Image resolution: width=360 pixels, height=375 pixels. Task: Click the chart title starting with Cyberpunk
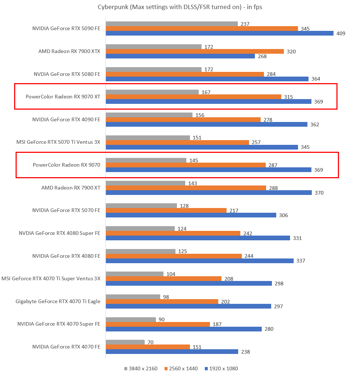(180, 7)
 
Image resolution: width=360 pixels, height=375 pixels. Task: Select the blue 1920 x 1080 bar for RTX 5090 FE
(219, 33)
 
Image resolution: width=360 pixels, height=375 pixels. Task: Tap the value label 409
(341, 33)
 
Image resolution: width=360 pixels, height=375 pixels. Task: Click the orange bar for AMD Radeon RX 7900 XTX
(195, 51)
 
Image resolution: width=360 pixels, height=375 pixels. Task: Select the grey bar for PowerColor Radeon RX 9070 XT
(152, 92)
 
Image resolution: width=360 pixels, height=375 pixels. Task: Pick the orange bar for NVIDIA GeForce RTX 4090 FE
(183, 119)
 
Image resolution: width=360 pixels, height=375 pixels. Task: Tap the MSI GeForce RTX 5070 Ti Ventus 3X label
(58, 142)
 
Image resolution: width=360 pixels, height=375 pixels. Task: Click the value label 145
(193, 160)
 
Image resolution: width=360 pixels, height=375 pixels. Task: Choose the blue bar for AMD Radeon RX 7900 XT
(208, 192)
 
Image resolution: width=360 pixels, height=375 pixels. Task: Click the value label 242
(248, 233)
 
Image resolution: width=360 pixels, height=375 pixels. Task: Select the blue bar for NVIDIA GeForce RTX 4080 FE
(199, 261)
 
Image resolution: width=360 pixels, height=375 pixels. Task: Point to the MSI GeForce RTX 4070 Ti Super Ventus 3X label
(51, 278)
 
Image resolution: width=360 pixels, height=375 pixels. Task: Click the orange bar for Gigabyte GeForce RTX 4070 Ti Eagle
(162, 301)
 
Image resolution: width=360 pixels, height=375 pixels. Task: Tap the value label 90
(161, 320)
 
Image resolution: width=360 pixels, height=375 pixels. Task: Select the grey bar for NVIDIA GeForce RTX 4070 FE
(125, 342)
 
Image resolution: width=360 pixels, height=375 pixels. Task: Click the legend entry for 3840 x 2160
(141, 368)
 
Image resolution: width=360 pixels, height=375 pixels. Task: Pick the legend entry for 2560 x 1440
(181, 368)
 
